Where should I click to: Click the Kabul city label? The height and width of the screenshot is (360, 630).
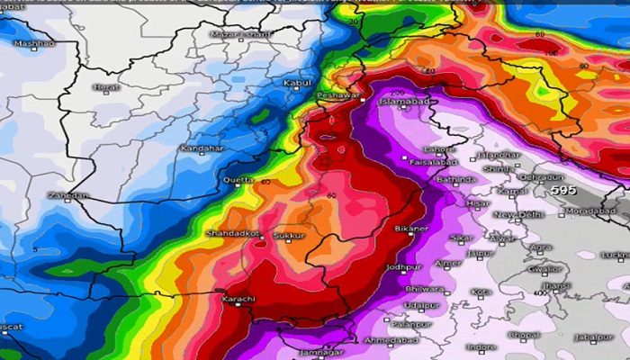(297, 83)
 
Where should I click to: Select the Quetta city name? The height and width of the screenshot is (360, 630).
(238, 180)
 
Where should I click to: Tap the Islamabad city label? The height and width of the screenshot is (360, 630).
(400, 102)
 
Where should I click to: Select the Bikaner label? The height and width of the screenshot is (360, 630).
(410, 229)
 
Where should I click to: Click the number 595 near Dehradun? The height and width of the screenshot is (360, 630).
(563, 191)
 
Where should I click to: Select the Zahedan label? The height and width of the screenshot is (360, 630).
(68, 194)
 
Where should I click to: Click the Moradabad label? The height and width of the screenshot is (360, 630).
(589, 211)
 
